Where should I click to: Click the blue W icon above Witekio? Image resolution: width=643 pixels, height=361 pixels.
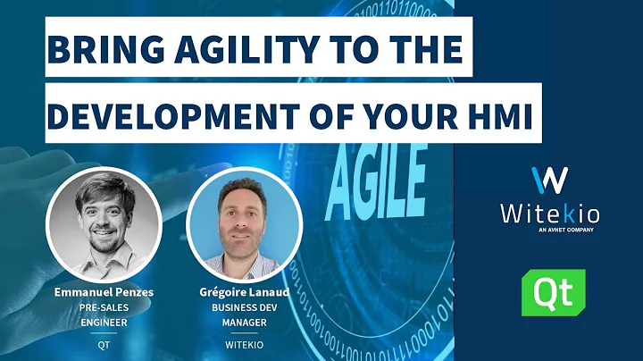point(548,179)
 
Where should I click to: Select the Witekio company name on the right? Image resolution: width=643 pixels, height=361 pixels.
point(548,213)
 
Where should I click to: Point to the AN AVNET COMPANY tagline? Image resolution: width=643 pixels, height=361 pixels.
point(548,231)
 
